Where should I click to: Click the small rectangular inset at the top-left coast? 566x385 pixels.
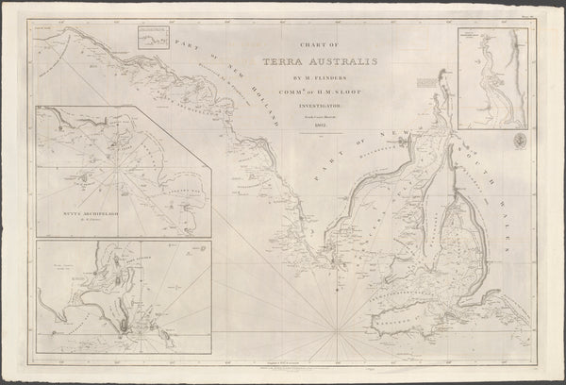coord(154,38)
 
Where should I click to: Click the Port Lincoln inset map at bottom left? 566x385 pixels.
coord(123,302)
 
